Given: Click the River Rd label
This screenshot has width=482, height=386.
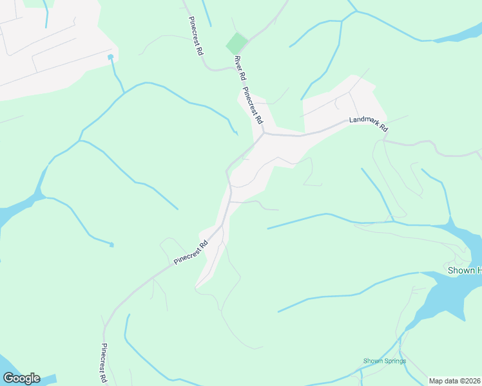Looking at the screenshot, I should pos(240,68).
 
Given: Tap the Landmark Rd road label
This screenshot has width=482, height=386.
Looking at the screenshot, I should pos(368,124).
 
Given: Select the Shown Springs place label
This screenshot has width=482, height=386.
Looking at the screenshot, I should pos(384,361).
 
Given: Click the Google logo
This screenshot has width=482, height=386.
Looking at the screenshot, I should pos(21,378).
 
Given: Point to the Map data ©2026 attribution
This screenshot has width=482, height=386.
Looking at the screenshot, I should pos(455,381).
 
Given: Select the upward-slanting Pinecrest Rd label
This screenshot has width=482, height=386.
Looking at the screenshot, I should pos(191,253).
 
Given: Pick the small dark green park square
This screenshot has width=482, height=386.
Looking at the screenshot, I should pos(236,44).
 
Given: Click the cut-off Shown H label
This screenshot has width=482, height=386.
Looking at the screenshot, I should pos(464,270).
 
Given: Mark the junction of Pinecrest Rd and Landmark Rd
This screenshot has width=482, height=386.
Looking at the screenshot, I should pos(264,134).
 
